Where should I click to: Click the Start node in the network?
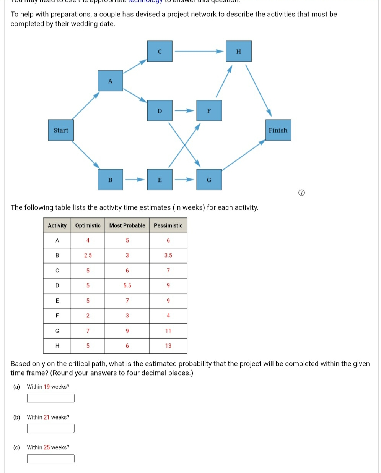61,130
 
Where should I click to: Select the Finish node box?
278,130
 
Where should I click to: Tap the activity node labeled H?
239,52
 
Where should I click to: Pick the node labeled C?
160,52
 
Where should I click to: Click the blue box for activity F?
209,111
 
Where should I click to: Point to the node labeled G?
209,180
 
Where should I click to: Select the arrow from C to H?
199,51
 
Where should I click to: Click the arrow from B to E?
135,180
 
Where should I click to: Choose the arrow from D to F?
184,111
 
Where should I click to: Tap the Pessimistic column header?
168,225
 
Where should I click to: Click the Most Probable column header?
127,225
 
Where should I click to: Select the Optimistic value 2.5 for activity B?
88,255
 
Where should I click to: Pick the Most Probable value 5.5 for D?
127,285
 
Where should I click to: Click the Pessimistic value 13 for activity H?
168,346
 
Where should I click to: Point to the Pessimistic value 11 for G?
168,331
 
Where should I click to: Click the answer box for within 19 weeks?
51,398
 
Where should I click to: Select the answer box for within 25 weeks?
51,458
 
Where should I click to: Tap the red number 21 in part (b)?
47,417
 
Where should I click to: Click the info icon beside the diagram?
301,193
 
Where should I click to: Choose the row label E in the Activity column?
57,301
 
